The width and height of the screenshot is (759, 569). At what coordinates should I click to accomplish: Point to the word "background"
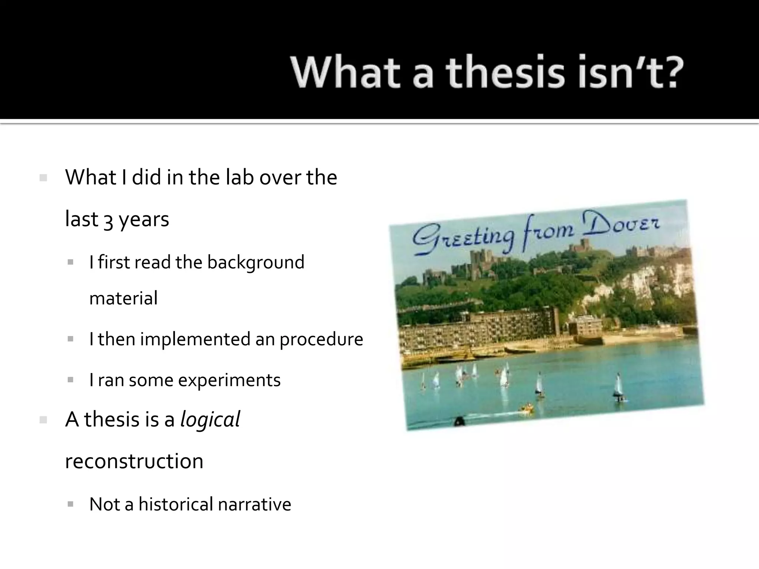pos(256,262)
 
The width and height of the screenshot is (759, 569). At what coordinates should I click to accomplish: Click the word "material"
pos(123,298)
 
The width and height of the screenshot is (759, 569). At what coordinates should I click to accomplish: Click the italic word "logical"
pos(210,420)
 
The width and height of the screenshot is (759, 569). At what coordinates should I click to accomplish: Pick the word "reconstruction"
pos(134,461)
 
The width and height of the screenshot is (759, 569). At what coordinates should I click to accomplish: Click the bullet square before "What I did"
pos(43,178)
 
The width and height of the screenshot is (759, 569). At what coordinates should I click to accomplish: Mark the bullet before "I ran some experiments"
pos(70,380)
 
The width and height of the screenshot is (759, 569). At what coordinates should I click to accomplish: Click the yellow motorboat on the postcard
pos(527,409)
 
